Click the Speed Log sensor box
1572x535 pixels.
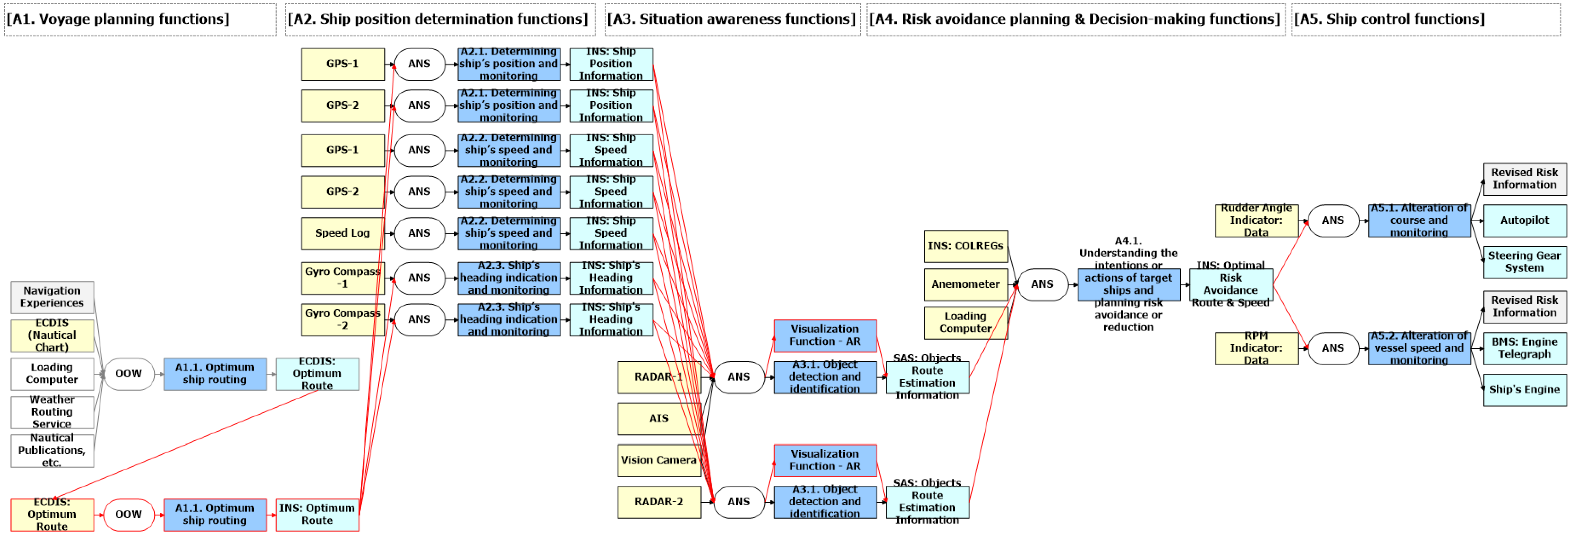(x=342, y=233)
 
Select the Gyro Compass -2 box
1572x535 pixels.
(x=342, y=319)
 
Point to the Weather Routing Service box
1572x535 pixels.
(x=52, y=412)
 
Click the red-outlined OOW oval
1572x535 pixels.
(x=128, y=514)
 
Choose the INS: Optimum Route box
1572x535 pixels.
(x=317, y=514)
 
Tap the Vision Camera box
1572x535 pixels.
(x=659, y=460)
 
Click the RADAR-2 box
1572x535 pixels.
(x=659, y=502)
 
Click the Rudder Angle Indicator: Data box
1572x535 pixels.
(x=1256, y=220)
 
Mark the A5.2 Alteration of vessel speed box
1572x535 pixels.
(x=1419, y=348)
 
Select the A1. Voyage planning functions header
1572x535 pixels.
(x=118, y=19)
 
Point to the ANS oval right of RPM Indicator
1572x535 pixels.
(x=1333, y=348)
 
